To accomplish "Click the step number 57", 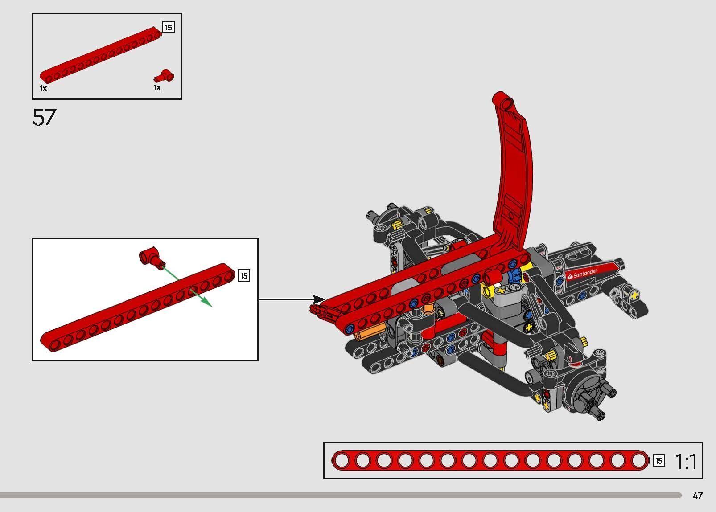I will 44,117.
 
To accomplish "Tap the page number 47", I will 698,496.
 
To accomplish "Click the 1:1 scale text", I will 686,461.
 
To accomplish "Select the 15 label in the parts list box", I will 168,28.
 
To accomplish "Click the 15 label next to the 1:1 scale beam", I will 658,461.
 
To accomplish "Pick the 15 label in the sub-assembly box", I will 244,276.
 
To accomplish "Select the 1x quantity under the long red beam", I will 43,88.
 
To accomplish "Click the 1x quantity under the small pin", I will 157,87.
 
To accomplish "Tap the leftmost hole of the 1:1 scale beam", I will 342,461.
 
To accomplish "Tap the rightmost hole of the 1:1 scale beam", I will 639,461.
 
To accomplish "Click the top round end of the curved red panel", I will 507,103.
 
